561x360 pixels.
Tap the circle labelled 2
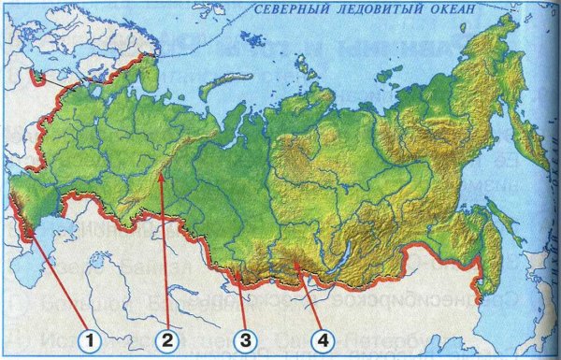point(167,339)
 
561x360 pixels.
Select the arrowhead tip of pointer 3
point(237,270)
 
